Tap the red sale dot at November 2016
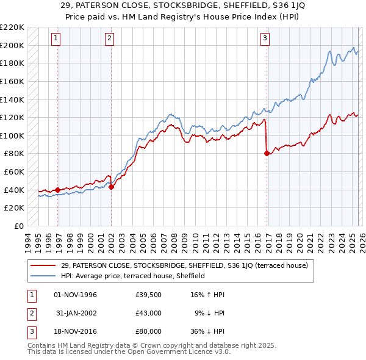267,154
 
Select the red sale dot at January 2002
112,187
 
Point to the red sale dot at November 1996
57,190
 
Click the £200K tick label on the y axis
12,45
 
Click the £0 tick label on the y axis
18,226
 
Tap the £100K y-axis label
12,135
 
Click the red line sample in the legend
44,265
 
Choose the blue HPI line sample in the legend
44,276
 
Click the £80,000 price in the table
148,332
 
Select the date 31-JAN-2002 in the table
76,313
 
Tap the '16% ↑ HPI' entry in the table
208,295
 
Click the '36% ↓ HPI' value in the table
208,332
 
